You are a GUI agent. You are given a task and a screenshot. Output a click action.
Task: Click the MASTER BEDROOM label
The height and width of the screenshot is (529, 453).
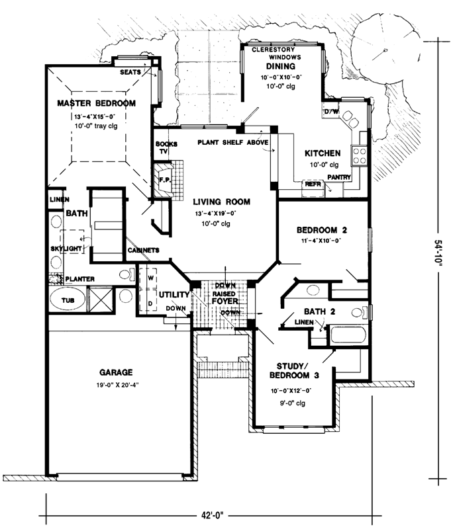click(96, 103)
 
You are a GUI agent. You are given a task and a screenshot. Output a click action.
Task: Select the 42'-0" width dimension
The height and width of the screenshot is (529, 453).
click(215, 512)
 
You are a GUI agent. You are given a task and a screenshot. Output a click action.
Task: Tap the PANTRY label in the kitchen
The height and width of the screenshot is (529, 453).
click(338, 178)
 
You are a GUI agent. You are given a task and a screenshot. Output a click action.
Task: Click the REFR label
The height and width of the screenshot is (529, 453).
click(313, 184)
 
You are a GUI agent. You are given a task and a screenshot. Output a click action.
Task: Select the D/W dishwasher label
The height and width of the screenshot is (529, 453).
click(331, 112)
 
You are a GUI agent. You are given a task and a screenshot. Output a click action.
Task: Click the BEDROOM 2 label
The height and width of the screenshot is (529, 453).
click(322, 230)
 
